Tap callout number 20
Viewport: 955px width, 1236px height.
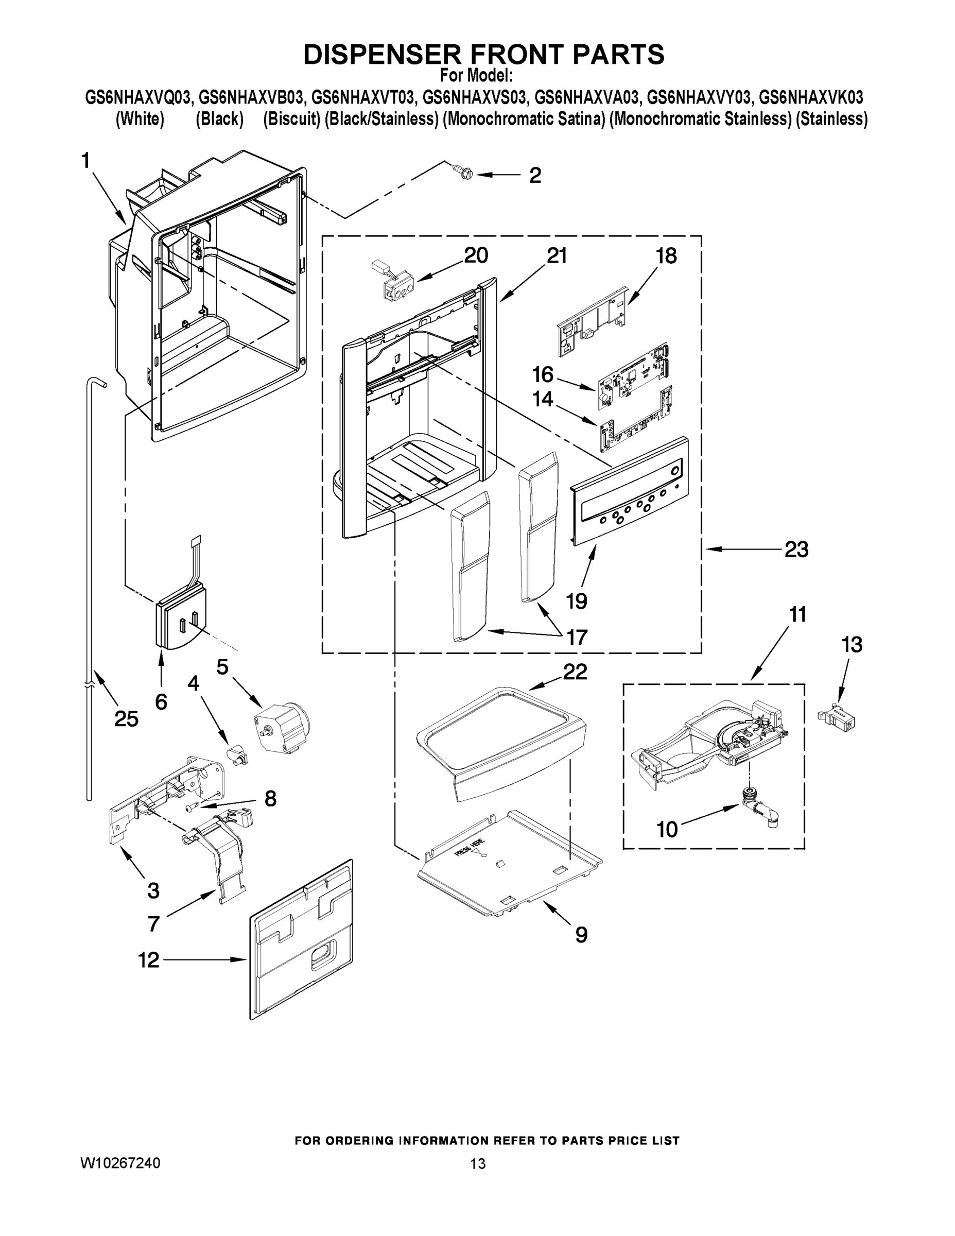(476, 255)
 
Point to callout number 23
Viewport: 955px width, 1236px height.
(796, 548)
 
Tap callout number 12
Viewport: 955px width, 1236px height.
(149, 960)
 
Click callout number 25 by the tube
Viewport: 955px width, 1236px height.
(126, 718)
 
